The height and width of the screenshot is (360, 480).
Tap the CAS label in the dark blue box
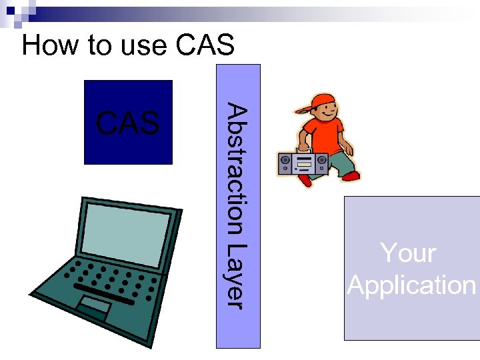(128, 123)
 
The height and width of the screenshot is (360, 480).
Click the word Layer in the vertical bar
(237, 276)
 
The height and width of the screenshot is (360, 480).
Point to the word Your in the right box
(407, 253)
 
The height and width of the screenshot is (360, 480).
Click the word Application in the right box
(411, 285)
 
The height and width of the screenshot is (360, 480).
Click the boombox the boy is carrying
(303, 162)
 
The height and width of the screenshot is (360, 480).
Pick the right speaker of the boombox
(321, 161)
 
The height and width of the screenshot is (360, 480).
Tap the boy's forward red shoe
(350, 176)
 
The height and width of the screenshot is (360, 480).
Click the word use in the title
(142, 45)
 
